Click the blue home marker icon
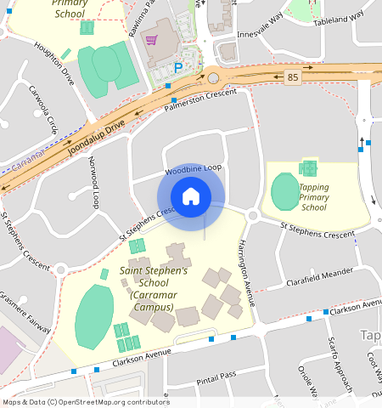click(191, 197)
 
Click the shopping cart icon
click(152, 40)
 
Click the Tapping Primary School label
click(313, 196)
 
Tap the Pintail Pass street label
click(216, 376)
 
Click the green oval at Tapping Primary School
click(284, 193)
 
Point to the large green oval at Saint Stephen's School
click(94, 317)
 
